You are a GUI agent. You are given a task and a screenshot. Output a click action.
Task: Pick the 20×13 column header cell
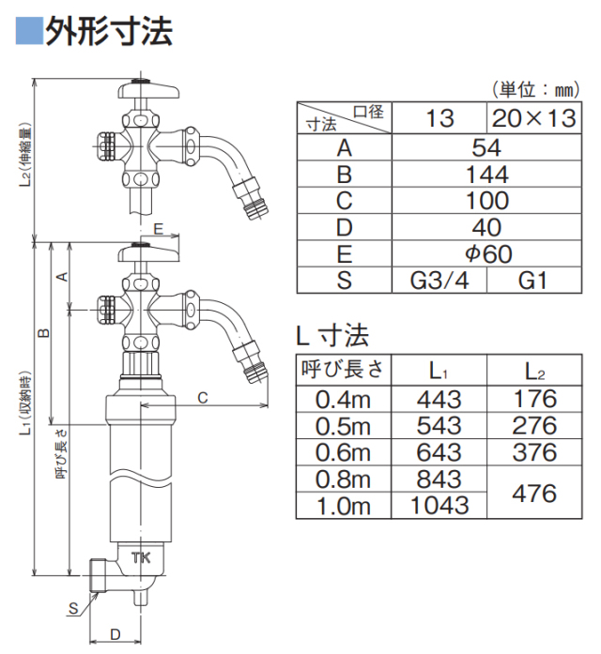point(535,118)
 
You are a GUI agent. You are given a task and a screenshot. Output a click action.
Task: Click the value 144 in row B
point(487,175)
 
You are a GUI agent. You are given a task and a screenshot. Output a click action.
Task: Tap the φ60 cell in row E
point(487,254)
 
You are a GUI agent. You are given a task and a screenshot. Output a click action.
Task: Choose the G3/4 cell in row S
point(439,281)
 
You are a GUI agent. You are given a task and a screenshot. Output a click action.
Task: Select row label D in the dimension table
point(343,228)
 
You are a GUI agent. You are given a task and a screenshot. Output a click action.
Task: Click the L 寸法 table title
point(332,335)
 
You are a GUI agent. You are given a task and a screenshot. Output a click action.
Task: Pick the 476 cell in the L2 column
point(534,493)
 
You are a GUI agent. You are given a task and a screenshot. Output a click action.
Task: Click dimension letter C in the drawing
point(203,398)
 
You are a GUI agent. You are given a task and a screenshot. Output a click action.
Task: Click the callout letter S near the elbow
point(72,608)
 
